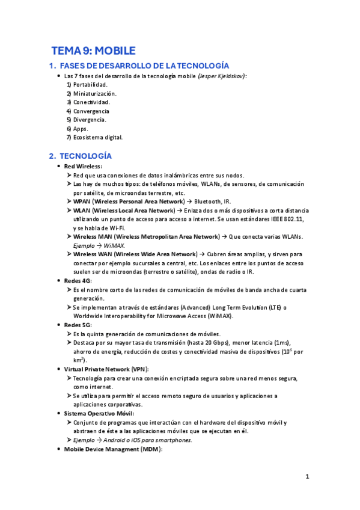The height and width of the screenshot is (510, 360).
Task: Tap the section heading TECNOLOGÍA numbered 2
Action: click(x=82, y=156)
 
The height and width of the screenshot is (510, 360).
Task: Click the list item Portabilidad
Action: click(x=90, y=85)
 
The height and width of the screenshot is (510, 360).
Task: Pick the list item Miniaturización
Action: click(x=94, y=94)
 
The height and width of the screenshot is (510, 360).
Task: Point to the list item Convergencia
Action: click(x=91, y=111)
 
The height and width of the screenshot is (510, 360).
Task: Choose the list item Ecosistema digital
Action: click(x=97, y=137)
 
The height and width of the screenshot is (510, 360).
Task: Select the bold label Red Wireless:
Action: click(x=83, y=166)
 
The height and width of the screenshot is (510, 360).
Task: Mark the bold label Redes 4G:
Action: click(x=78, y=281)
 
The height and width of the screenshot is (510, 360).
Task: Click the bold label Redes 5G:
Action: click(x=78, y=325)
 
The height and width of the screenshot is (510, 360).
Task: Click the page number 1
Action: click(x=307, y=477)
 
